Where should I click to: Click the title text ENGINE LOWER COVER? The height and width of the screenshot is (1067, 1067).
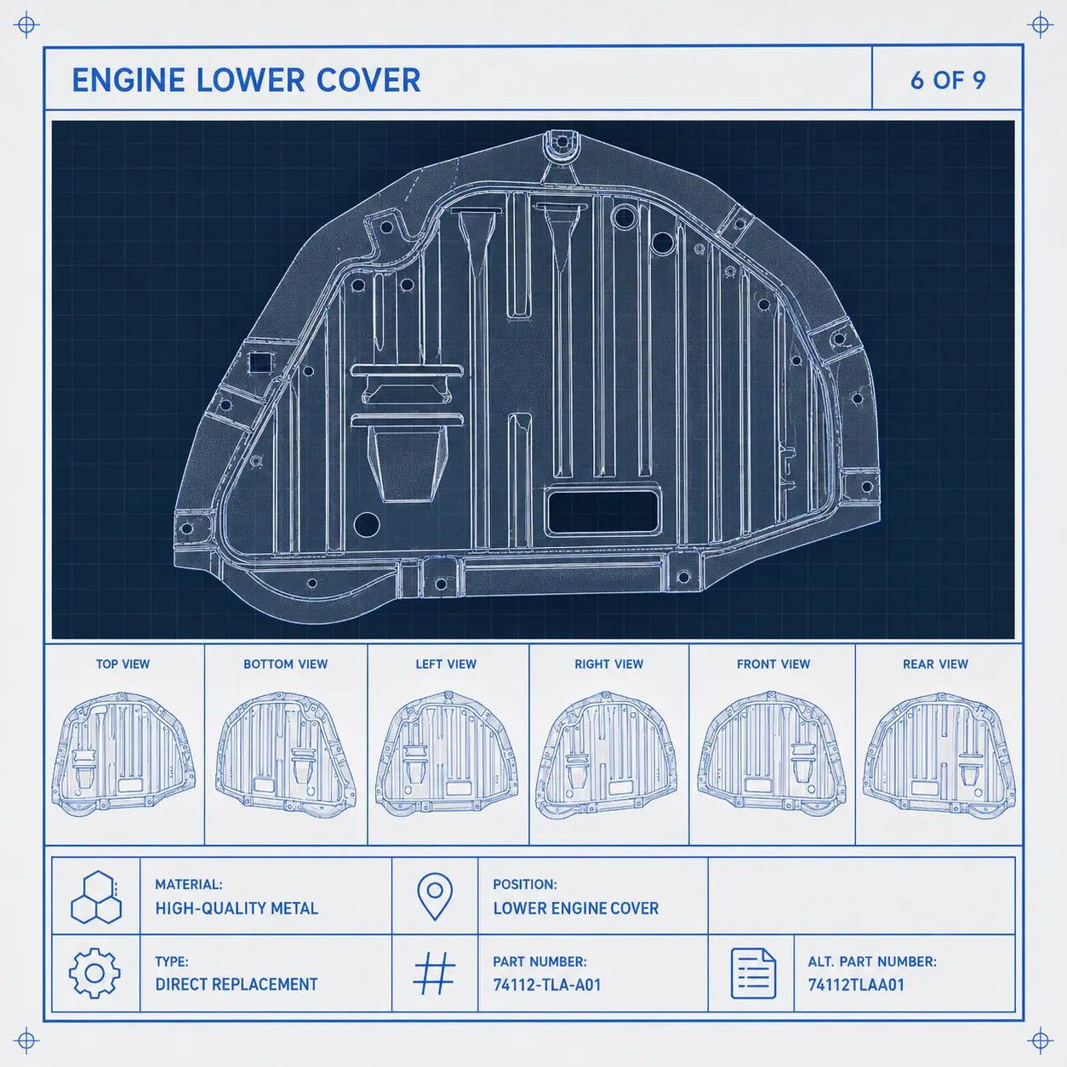247,80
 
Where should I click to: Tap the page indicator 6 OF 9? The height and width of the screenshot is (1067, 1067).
948,80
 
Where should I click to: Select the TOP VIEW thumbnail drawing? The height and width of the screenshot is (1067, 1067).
123,754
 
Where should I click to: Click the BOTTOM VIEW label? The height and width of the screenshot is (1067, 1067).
286,664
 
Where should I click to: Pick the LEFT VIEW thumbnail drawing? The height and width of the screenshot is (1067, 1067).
447,754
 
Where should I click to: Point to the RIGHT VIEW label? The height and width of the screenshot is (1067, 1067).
609,664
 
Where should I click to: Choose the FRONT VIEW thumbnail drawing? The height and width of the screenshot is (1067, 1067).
772,754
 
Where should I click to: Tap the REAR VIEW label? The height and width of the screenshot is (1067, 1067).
936,664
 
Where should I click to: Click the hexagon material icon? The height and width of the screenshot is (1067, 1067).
96,897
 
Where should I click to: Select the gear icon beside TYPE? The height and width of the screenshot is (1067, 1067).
94,973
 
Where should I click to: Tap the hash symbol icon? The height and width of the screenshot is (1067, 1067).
435,973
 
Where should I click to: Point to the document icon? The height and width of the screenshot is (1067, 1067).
753,973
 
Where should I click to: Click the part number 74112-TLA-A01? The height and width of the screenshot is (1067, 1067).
547,984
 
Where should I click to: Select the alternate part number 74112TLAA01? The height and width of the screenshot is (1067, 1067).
856,984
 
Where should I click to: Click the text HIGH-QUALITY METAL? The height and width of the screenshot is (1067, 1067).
237,908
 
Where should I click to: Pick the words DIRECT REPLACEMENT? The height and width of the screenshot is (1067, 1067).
237,984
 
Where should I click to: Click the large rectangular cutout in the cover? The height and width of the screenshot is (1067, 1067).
602,511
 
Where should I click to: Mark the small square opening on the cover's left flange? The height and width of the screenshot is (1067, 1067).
260,363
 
